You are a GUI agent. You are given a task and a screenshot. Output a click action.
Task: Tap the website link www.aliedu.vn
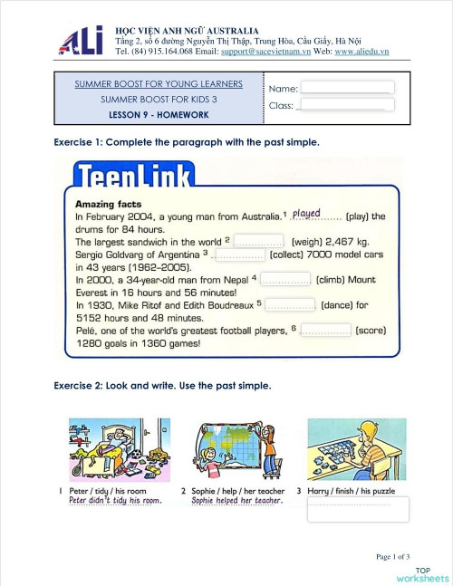(361, 52)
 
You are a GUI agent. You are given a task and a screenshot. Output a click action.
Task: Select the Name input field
(348, 88)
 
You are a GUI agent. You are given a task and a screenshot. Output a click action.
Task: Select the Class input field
(348, 105)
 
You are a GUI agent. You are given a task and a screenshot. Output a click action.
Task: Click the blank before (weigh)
(261, 242)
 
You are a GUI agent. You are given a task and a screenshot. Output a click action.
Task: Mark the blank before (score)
(325, 331)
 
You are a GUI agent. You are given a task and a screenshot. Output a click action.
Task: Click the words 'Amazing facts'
(108, 204)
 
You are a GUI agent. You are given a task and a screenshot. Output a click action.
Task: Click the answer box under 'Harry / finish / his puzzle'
(357, 509)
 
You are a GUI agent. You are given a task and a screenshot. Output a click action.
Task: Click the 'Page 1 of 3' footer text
(393, 556)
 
